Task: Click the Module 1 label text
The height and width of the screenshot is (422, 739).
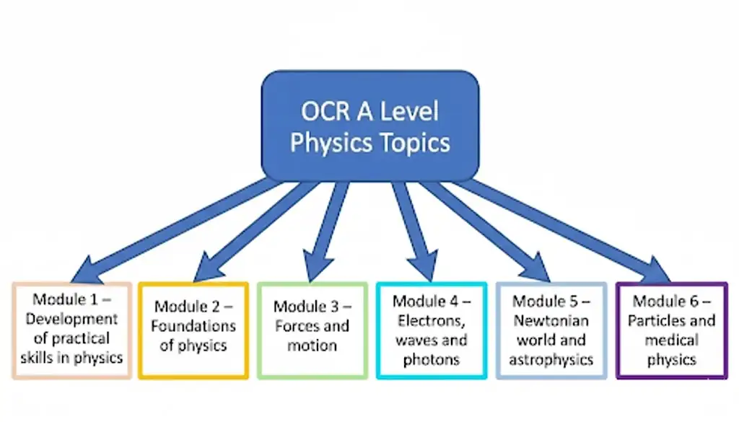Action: (x=72, y=299)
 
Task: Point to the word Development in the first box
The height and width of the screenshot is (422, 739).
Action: (x=72, y=318)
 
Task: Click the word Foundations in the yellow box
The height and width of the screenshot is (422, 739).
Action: (x=193, y=326)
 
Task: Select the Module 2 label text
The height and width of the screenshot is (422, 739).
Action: (x=193, y=307)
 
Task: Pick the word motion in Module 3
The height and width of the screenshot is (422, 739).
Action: (x=312, y=346)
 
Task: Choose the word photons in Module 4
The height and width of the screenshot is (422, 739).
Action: (x=432, y=359)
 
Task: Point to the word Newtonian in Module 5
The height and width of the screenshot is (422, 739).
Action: (x=551, y=320)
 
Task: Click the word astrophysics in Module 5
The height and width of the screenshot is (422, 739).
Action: (x=551, y=359)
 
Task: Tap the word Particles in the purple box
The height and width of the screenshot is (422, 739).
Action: (x=657, y=320)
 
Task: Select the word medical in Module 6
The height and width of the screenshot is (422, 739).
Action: (x=671, y=340)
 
